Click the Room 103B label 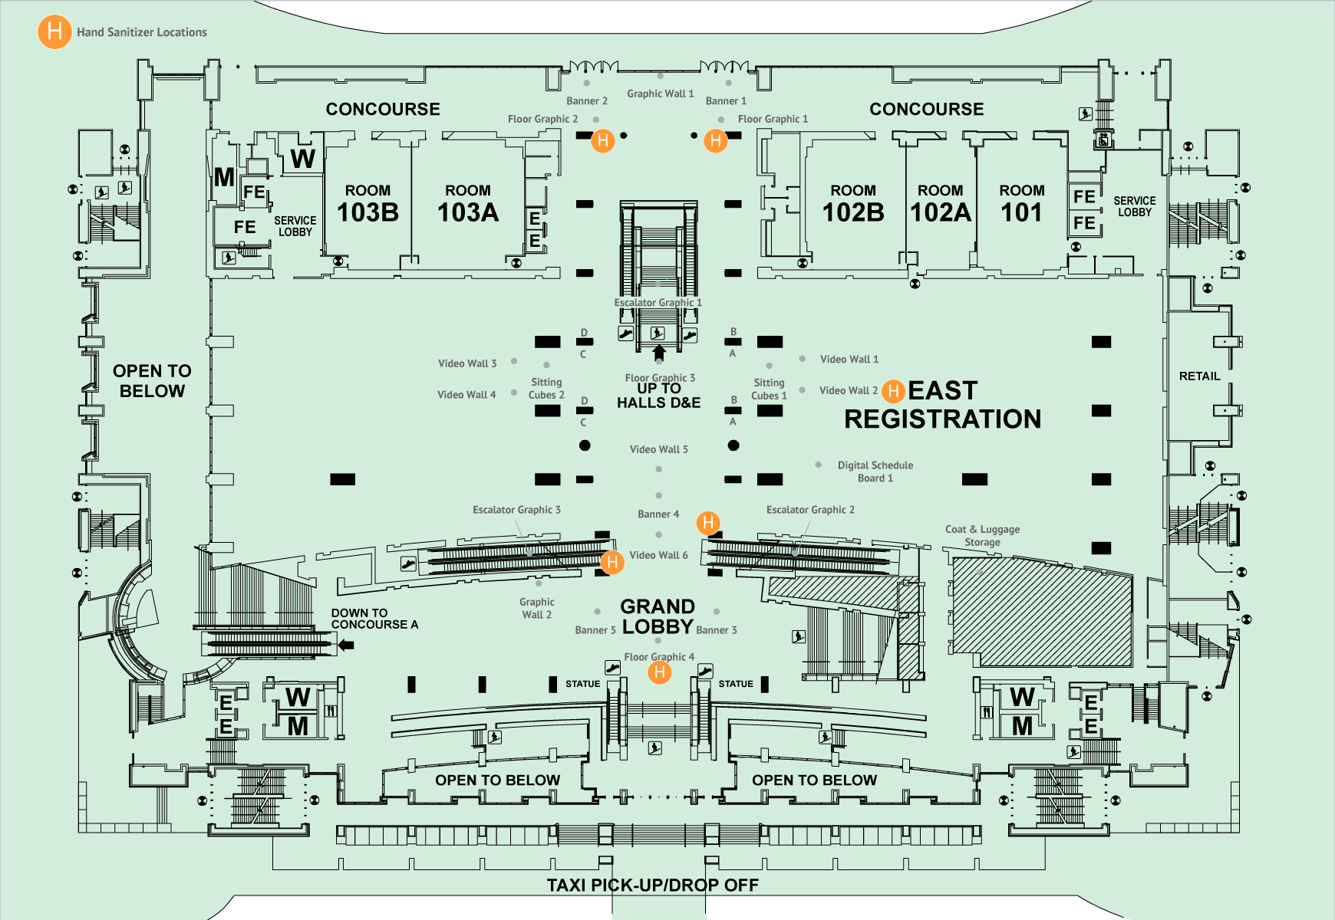coord(368,204)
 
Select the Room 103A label coord(468,204)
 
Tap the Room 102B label coord(853,204)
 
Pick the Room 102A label coord(941,204)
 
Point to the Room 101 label coord(1022,204)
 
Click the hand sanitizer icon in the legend coord(54,32)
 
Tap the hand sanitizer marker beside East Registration coord(892,391)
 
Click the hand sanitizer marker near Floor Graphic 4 coord(659,672)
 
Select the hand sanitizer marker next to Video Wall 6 coord(611,562)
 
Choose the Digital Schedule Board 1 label coord(875,472)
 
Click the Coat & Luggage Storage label coord(982,535)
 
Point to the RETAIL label coord(1199,376)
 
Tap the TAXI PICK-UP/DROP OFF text coord(652,886)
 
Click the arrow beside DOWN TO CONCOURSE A coord(346,645)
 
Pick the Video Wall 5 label coord(658,449)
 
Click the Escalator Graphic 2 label coord(809,510)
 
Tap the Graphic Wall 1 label coord(660,94)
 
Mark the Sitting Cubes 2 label coord(546,389)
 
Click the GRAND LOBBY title coord(658,616)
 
